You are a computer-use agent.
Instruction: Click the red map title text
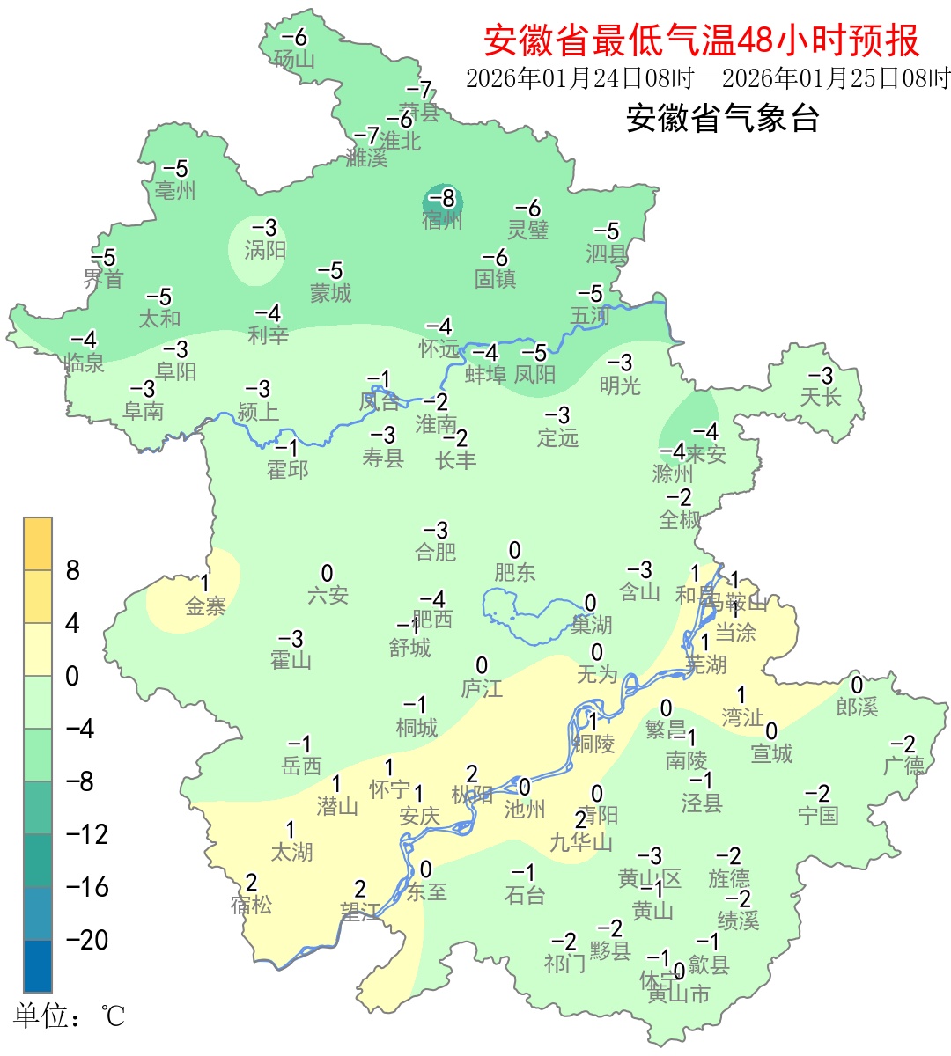pos(701,40)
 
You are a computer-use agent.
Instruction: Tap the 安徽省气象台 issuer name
pos(722,118)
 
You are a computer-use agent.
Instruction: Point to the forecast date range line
pos(708,78)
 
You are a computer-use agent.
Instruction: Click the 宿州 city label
pos(442,220)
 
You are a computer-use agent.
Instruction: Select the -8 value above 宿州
pos(442,198)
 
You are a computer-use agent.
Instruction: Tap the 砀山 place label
pos(294,59)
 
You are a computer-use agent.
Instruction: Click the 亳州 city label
pos(175,190)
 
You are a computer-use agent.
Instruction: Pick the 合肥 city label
pos(436,552)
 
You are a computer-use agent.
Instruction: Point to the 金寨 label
pos(206,605)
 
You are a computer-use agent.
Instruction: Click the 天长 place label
pos(821,397)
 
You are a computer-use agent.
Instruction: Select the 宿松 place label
pos(252,904)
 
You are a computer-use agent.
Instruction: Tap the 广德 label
pos(904,766)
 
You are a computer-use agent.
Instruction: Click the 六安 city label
pos(328,596)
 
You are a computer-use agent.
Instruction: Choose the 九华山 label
pos(581,842)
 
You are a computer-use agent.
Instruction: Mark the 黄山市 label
pos(679,994)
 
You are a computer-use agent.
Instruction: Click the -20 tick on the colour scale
pos(87,940)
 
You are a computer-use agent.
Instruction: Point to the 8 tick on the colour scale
pos(73,570)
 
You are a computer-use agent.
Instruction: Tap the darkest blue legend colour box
pos(38,965)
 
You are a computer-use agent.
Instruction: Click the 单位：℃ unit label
pos(70,1016)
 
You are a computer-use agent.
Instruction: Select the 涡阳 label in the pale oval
pos(265,250)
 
